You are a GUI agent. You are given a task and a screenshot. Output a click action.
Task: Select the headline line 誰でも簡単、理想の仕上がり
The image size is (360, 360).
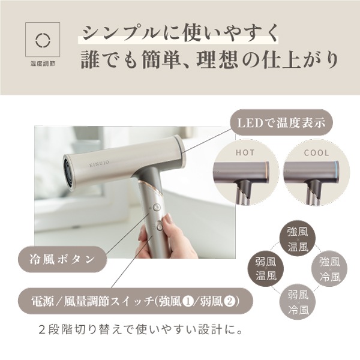[x=209, y=61]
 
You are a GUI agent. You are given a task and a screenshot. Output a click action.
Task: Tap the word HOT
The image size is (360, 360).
[x=245, y=153]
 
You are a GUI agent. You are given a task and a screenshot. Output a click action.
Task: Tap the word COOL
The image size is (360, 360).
[x=316, y=153]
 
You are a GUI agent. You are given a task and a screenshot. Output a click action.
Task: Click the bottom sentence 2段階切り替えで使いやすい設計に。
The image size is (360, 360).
[x=139, y=330]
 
